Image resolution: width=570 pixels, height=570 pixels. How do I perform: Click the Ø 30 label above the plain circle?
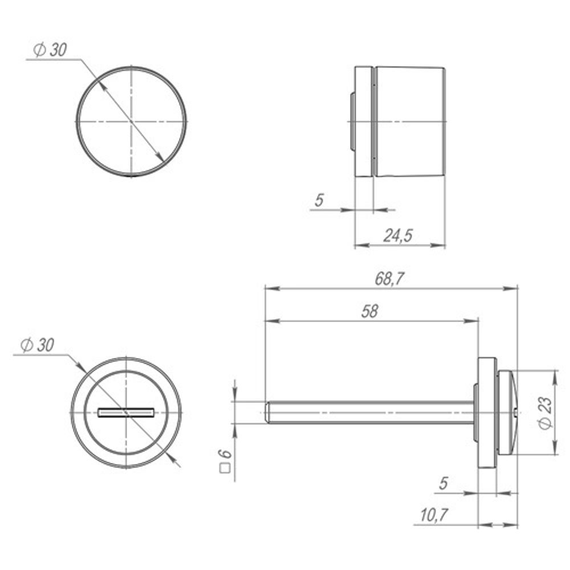coord(50,50)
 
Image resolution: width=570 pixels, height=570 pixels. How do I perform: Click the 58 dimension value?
coord(370,311)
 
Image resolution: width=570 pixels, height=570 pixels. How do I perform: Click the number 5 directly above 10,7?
coord(443,483)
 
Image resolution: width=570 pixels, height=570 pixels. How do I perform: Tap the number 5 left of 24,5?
coord(319,200)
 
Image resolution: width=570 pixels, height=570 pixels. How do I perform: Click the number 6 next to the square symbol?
coord(226,454)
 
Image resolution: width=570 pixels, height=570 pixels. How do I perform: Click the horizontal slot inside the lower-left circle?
coord(126,412)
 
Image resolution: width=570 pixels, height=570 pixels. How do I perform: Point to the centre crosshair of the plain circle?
coord(132,122)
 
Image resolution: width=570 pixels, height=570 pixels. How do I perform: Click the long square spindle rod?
coord(370,412)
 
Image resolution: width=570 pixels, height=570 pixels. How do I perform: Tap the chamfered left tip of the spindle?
coord(268,412)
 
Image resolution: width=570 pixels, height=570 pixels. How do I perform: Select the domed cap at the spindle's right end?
coord(509,412)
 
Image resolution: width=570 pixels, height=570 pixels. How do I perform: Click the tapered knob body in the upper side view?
coord(410,121)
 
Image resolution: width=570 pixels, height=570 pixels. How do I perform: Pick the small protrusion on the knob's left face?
coord(352,122)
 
